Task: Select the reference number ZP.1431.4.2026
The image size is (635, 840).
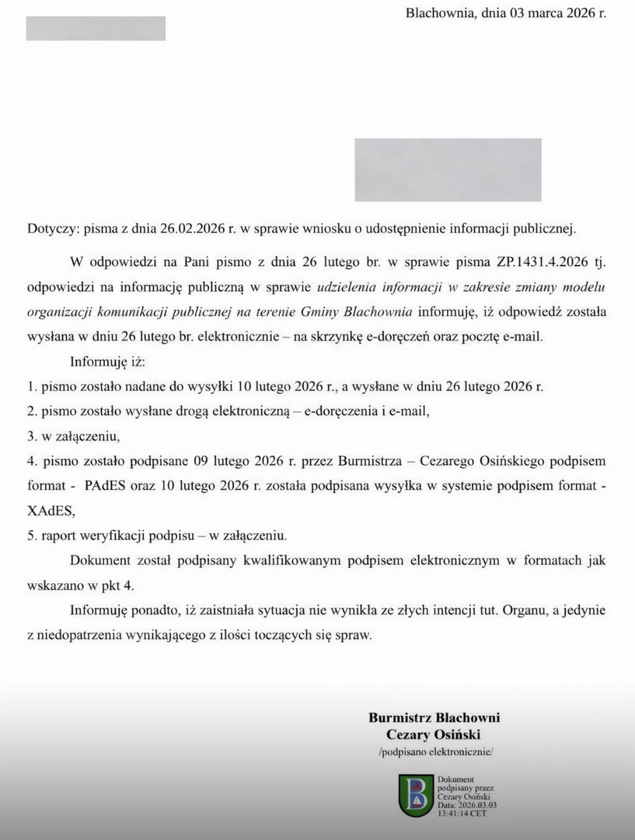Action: [542, 262]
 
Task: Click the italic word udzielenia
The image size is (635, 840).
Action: [346, 287]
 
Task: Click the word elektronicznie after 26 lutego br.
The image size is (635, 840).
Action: [238, 337]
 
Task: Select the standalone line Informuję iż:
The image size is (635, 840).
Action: [107, 362]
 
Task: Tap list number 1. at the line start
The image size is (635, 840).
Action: [32, 387]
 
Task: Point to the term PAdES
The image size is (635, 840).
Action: [105, 485]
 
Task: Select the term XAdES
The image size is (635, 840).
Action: [51, 510]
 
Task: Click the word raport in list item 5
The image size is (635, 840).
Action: [59, 535]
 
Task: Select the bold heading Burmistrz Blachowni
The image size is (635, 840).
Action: [434, 717]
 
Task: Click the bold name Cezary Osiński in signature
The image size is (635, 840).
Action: [433, 734]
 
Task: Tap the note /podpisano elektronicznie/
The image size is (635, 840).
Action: [436, 752]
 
